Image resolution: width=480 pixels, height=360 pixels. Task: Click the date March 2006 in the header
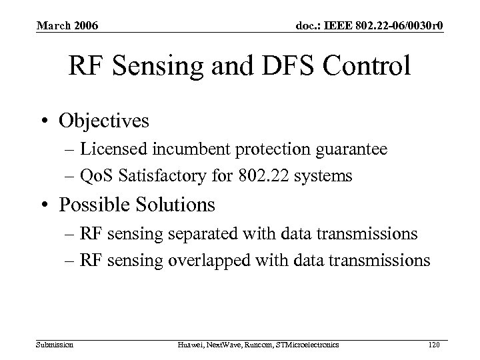pyautogui.click(x=67, y=26)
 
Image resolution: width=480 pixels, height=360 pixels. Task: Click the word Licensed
pyautogui.click(x=121, y=151)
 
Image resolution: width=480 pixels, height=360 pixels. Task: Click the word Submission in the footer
pyautogui.click(x=55, y=344)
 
